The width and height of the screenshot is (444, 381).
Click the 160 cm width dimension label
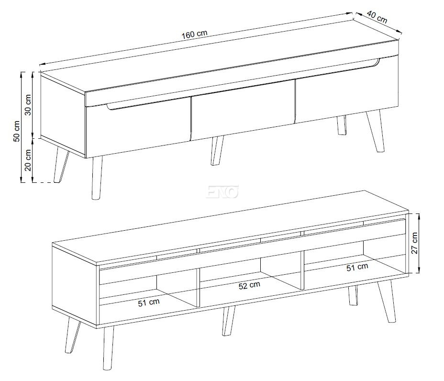(x=194, y=34)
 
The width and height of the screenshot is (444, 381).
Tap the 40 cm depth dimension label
(x=377, y=17)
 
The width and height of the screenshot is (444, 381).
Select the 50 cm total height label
(x=17, y=131)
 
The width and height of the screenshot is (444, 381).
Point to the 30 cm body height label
(x=28, y=105)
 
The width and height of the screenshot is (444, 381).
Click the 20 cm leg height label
(x=28, y=160)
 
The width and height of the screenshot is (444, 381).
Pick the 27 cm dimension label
(x=414, y=243)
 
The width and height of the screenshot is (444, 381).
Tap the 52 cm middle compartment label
(x=249, y=285)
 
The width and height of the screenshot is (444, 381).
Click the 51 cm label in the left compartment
(x=149, y=302)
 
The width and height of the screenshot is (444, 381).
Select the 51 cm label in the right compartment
(x=357, y=267)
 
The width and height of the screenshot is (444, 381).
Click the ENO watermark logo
(x=222, y=192)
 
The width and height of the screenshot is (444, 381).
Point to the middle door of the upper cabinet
(x=243, y=110)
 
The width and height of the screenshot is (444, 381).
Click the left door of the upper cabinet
(x=138, y=128)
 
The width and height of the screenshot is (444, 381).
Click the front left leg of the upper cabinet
(x=97, y=178)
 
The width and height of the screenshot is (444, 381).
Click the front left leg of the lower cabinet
(x=108, y=348)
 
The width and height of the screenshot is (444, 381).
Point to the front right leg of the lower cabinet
(x=387, y=301)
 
